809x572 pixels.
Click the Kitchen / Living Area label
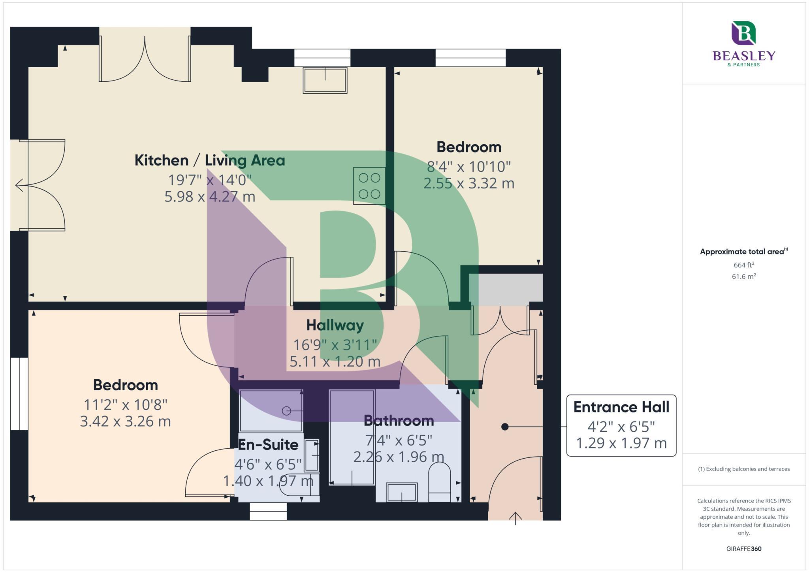tap(209, 160)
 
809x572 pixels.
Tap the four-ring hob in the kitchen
tap(369, 186)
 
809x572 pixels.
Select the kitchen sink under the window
tap(325, 80)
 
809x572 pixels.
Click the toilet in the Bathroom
tap(439, 482)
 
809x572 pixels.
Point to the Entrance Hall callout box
tap(621, 425)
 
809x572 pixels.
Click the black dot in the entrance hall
tap(504, 427)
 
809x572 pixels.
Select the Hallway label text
tap(335, 325)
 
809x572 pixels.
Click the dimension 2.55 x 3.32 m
tap(468, 183)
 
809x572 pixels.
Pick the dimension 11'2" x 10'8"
tap(125, 405)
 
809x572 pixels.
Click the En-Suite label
tap(268, 445)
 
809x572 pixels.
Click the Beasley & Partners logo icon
tap(743, 33)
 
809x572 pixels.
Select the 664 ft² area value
tap(743, 265)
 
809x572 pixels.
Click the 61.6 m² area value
tap(743, 277)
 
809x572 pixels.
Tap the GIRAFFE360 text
tap(743, 549)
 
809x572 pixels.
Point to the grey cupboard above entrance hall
tap(506, 288)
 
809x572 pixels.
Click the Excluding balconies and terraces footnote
tap(743, 469)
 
